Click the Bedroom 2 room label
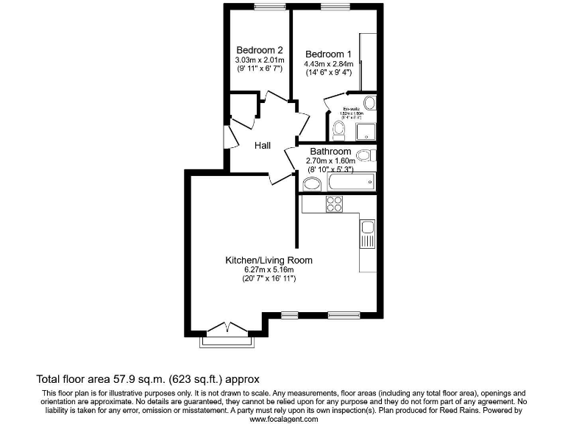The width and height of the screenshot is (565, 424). click(x=253, y=50)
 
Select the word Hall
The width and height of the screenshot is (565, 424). click(x=263, y=146)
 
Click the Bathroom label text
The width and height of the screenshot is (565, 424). click(x=330, y=152)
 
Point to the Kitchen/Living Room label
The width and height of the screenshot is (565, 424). click(x=269, y=260)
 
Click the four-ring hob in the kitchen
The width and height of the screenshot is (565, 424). click(x=334, y=204)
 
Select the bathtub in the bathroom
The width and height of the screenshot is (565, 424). click(x=350, y=182)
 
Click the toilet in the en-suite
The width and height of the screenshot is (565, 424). click(x=338, y=130)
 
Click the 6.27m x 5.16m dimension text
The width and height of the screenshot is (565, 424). click(x=269, y=269)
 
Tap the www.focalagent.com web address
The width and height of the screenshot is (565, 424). click(x=284, y=419)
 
